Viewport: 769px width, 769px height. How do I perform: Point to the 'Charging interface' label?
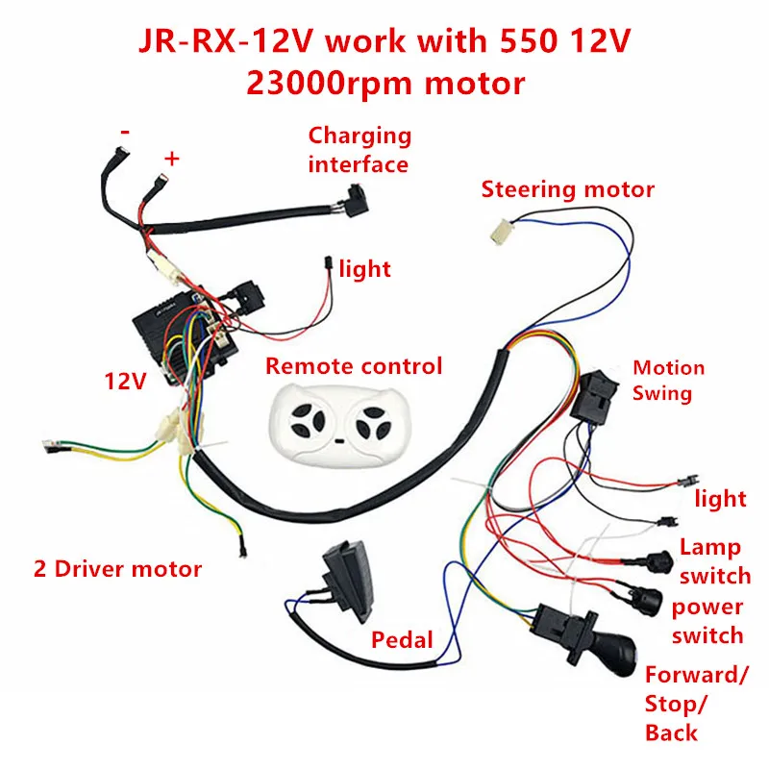pyautogui.click(x=359, y=150)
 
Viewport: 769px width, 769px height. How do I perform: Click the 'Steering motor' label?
pyautogui.click(x=567, y=189)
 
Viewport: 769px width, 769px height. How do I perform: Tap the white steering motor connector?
pyautogui.click(x=499, y=229)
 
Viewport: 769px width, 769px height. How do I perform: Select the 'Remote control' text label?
pyautogui.click(x=354, y=366)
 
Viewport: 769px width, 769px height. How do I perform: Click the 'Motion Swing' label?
pyautogui.click(x=668, y=381)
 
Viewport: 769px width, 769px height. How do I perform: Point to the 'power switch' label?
pyautogui.click(x=707, y=621)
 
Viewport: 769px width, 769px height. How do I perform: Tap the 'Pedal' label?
pyautogui.click(x=401, y=639)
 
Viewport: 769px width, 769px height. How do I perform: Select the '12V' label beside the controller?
pyautogui.click(x=125, y=382)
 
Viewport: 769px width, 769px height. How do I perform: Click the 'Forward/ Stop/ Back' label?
pyautogui.click(x=695, y=704)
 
